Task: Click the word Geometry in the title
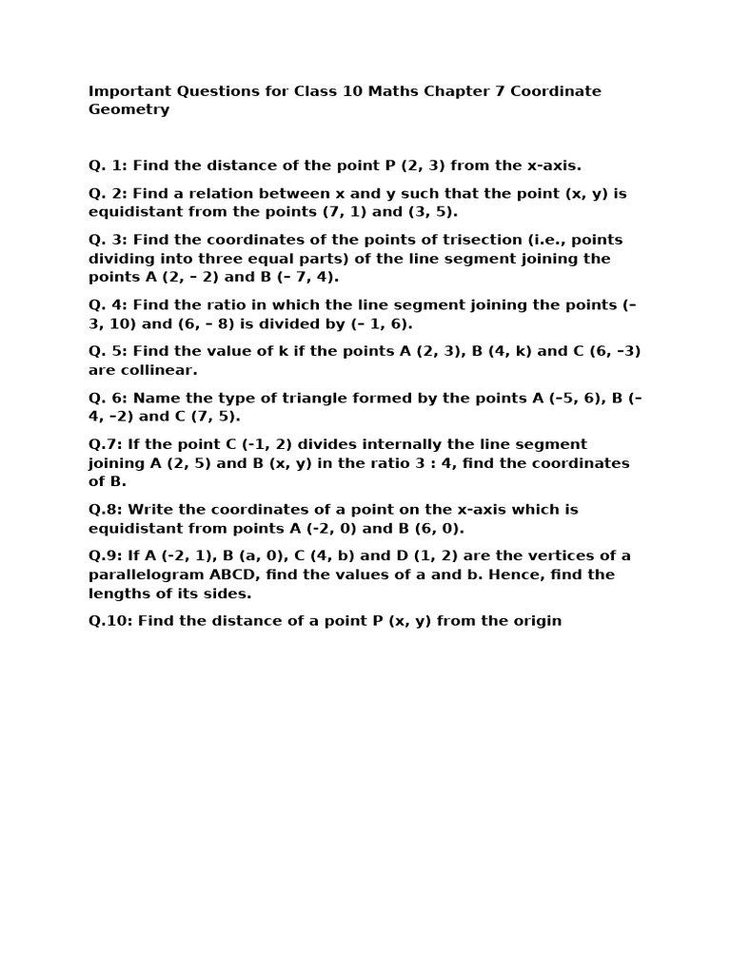click(x=128, y=109)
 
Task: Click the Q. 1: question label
click(x=108, y=166)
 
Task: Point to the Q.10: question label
click(x=112, y=621)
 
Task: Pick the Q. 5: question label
click(x=108, y=351)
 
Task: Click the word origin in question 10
click(x=536, y=621)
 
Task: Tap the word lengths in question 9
click(x=119, y=594)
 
